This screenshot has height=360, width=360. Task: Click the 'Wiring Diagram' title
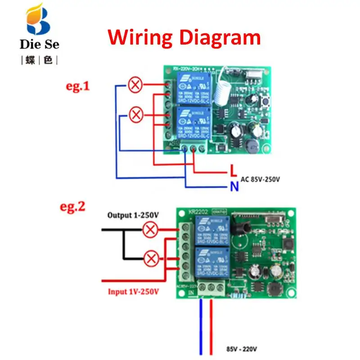pos(184,37)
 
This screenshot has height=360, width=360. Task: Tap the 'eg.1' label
pos(78,86)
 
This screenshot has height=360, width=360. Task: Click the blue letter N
pos(234,186)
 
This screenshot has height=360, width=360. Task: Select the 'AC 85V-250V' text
pos(261,179)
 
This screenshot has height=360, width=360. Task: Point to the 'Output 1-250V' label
pos(133,215)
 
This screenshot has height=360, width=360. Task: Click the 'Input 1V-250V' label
pos(133,292)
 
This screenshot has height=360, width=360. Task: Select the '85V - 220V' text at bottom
pos(243,348)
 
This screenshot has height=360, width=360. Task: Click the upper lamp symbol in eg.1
pos(135,84)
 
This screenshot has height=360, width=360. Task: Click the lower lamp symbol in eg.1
pos(135,115)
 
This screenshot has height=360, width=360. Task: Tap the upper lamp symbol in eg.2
pos(151,230)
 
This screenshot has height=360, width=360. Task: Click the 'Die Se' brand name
pos(40,45)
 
